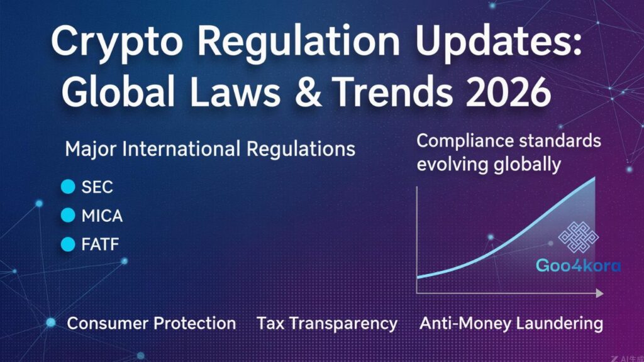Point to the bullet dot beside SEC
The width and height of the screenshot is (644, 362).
coord(67,187)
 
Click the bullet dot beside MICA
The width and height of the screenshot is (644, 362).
coord(67,216)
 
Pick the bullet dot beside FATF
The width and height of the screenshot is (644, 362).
coord(67,244)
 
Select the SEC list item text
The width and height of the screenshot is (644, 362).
coord(97,187)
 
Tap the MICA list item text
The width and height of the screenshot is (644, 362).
coord(102,216)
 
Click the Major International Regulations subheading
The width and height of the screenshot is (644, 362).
coord(210,150)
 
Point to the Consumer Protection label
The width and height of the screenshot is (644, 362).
coord(152,324)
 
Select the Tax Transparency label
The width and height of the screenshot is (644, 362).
coord(327,324)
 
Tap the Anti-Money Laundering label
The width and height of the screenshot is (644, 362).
coord(511,324)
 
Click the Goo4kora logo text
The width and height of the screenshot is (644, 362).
coord(578,266)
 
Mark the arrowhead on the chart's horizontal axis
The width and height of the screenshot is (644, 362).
coord(599,293)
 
